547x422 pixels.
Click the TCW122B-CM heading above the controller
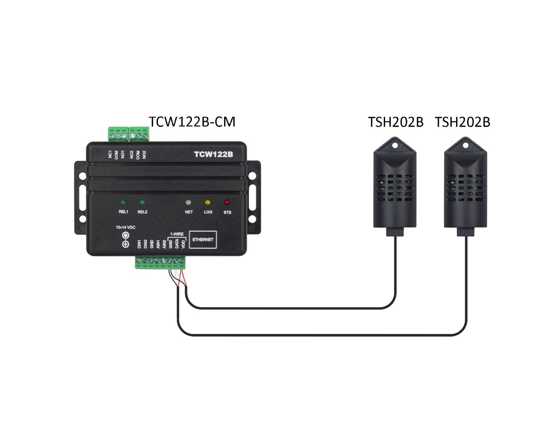coord(192,122)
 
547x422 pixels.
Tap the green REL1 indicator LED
coord(123,203)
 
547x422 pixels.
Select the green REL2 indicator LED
coord(142,203)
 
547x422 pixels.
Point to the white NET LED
coord(188,203)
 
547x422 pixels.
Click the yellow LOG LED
coord(208,203)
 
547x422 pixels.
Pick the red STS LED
coord(227,203)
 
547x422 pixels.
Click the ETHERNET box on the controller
coord(203,240)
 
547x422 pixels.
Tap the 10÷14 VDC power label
coord(125,228)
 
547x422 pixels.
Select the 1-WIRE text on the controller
coord(177,234)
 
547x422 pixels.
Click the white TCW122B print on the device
coord(213,155)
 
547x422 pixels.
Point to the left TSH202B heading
coord(396,122)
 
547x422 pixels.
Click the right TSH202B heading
coord(463,122)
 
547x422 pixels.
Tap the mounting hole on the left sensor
coord(395,145)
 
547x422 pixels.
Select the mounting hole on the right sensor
coord(466,145)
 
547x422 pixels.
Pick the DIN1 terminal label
coord(139,244)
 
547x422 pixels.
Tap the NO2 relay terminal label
coord(144,155)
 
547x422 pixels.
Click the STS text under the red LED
coord(227,212)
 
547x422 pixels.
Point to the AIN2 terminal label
coord(164,244)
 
